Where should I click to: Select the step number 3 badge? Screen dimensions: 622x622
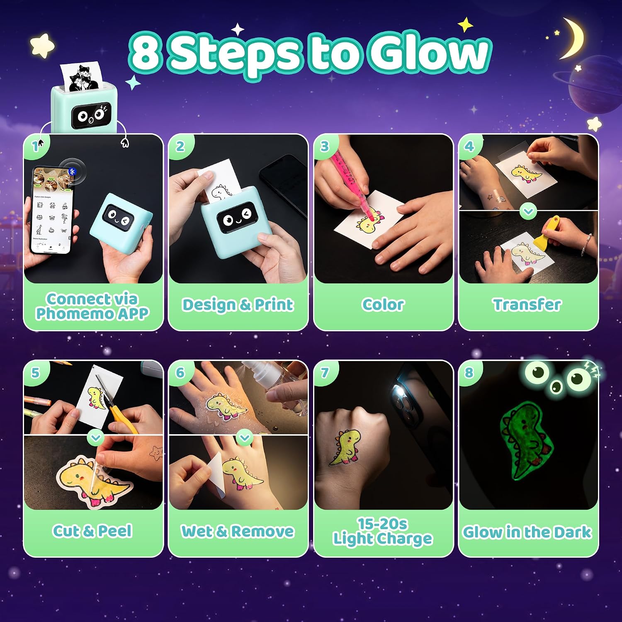(324, 146)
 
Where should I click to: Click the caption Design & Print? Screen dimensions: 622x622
(238, 305)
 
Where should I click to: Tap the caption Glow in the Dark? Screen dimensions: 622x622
(527, 532)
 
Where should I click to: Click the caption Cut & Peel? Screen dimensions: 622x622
(92, 531)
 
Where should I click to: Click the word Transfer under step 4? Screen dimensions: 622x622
(527, 305)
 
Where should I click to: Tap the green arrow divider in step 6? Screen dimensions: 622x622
(245, 437)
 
